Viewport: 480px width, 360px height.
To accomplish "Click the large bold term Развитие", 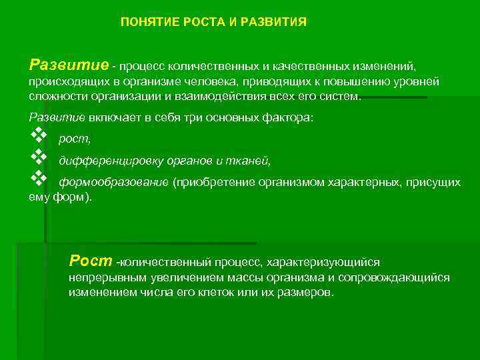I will click(69, 65).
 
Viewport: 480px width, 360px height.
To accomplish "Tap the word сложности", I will click(53, 96).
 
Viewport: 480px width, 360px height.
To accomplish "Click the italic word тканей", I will click(252, 161).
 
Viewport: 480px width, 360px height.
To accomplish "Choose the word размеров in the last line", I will click(306, 293).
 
